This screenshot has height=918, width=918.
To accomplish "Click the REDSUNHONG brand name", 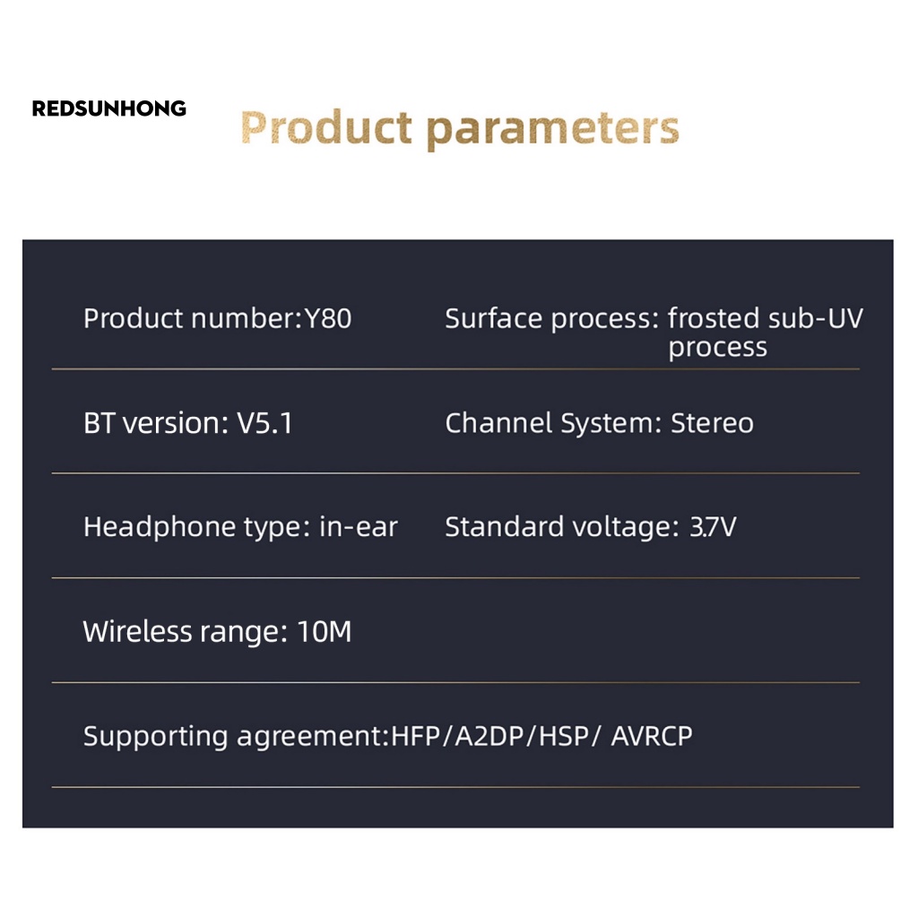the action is pyautogui.click(x=108, y=108).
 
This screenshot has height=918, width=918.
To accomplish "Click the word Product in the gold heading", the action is pyautogui.click(x=326, y=127).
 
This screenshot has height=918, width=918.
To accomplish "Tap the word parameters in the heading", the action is pyautogui.click(x=552, y=130).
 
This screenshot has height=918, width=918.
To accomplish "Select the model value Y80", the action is pyautogui.click(x=328, y=318).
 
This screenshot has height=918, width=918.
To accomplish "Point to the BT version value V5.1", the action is pyautogui.click(x=264, y=423).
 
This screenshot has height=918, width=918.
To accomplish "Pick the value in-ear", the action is pyautogui.click(x=359, y=526).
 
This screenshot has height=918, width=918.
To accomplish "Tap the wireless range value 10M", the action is pyautogui.click(x=325, y=631).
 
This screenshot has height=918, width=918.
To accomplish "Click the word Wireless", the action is pyautogui.click(x=137, y=631).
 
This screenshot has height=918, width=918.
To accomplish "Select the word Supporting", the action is pyautogui.click(x=155, y=737).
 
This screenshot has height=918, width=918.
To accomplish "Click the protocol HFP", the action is pyautogui.click(x=415, y=736).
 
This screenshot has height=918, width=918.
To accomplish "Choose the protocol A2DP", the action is pyautogui.click(x=489, y=736).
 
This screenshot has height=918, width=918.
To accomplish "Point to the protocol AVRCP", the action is pyautogui.click(x=652, y=736).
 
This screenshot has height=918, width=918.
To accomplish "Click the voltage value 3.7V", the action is pyautogui.click(x=713, y=526).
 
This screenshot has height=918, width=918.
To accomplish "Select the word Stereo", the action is pyautogui.click(x=712, y=423).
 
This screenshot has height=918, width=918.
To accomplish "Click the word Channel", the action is pyautogui.click(x=498, y=423).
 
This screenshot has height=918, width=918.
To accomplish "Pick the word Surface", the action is pyautogui.click(x=494, y=318).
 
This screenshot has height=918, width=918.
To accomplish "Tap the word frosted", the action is pyautogui.click(x=713, y=318).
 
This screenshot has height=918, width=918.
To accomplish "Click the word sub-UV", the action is pyautogui.click(x=816, y=318).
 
